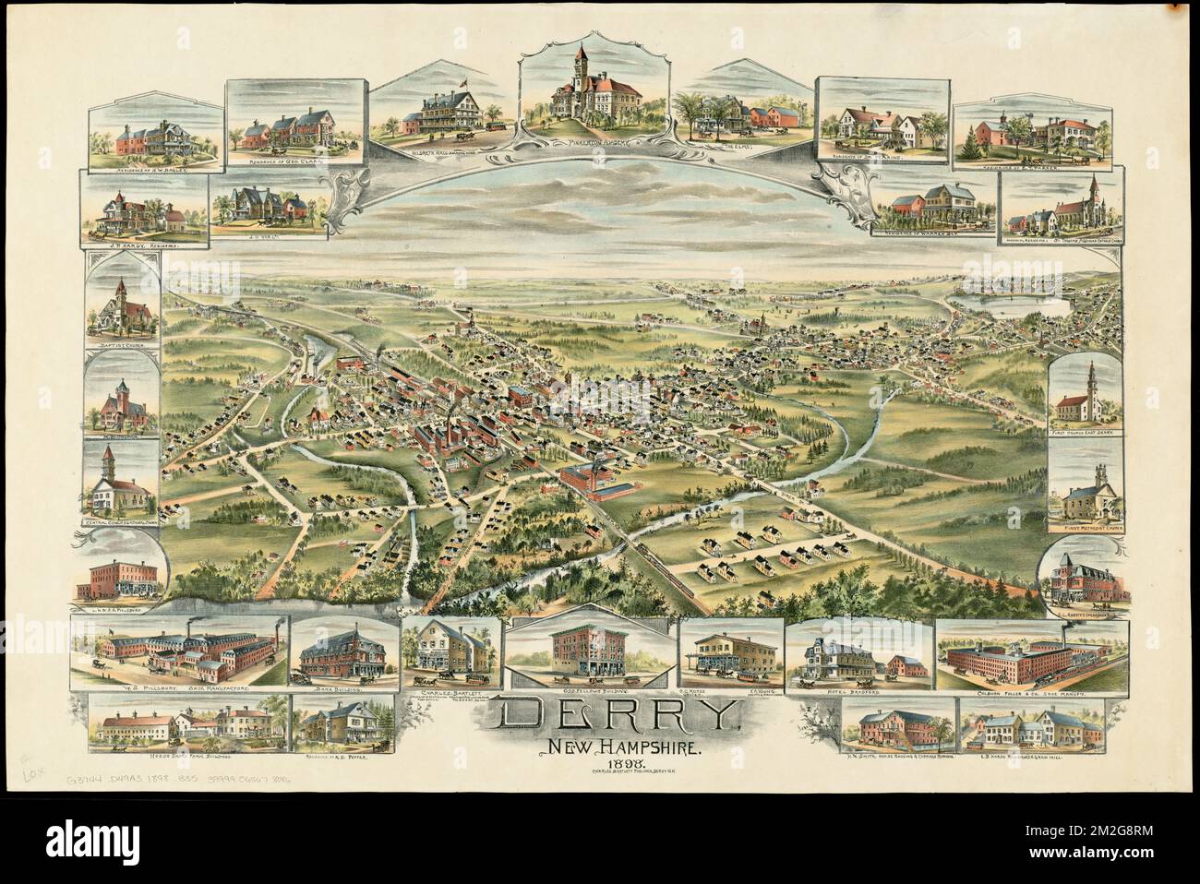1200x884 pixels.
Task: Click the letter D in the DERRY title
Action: [x=526, y=715]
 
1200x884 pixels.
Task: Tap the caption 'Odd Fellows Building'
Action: [x=591, y=688]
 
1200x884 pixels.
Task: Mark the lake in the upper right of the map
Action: [x=1011, y=305]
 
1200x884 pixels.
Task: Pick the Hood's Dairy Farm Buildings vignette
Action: [x=177, y=725]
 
